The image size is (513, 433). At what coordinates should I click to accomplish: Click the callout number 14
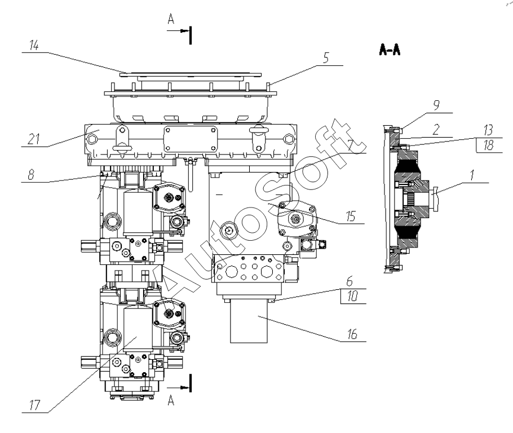(34, 45)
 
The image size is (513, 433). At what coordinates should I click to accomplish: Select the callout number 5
(326, 58)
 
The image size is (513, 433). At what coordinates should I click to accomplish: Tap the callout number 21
(34, 139)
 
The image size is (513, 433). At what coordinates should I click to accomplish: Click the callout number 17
(35, 405)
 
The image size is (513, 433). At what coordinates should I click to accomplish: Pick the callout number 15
(351, 216)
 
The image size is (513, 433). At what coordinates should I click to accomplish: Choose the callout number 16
(352, 334)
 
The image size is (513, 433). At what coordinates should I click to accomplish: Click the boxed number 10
(352, 296)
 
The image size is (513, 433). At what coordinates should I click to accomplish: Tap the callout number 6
(350, 281)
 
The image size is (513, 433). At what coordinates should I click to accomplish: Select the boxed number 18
(488, 145)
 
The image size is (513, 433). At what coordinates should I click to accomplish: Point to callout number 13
(488, 130)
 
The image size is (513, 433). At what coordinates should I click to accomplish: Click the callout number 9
(436, 105)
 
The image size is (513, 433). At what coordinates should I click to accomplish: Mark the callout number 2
(436, 130)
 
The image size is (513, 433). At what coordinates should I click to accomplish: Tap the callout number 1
(472, 175)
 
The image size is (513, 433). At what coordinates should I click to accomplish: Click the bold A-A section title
(390, 50)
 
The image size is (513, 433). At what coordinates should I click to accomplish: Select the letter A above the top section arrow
(171, 19)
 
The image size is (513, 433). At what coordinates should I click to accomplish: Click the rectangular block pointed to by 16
(249, 321)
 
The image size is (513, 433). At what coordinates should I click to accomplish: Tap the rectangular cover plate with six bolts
(191, 139)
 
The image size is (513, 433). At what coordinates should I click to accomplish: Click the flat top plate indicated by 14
(191, 74)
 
